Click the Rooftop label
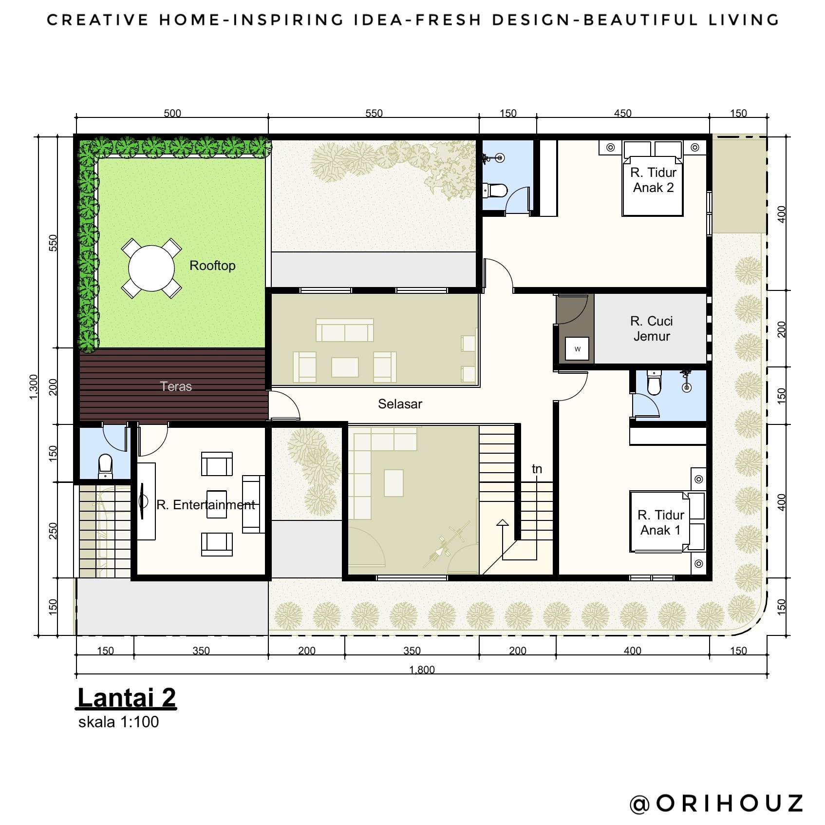pos(212,266)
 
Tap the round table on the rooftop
pos(151,268)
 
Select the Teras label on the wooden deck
pos(176,386)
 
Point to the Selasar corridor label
pos(400,403)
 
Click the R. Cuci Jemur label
pos(652,328)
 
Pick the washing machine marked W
pos(577,349)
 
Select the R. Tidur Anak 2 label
pos(653,180)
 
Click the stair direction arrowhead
pos(503,523)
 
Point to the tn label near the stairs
pos(537,469)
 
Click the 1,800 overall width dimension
pos(422,669)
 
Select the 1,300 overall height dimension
pos(33,387)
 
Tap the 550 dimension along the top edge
pos(374,113)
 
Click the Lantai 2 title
pos(127,698)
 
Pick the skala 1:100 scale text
pos(118,722)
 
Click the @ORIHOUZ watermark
pos(716,803)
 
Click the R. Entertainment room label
pos(206,504)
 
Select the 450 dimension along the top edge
pos(622,113)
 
